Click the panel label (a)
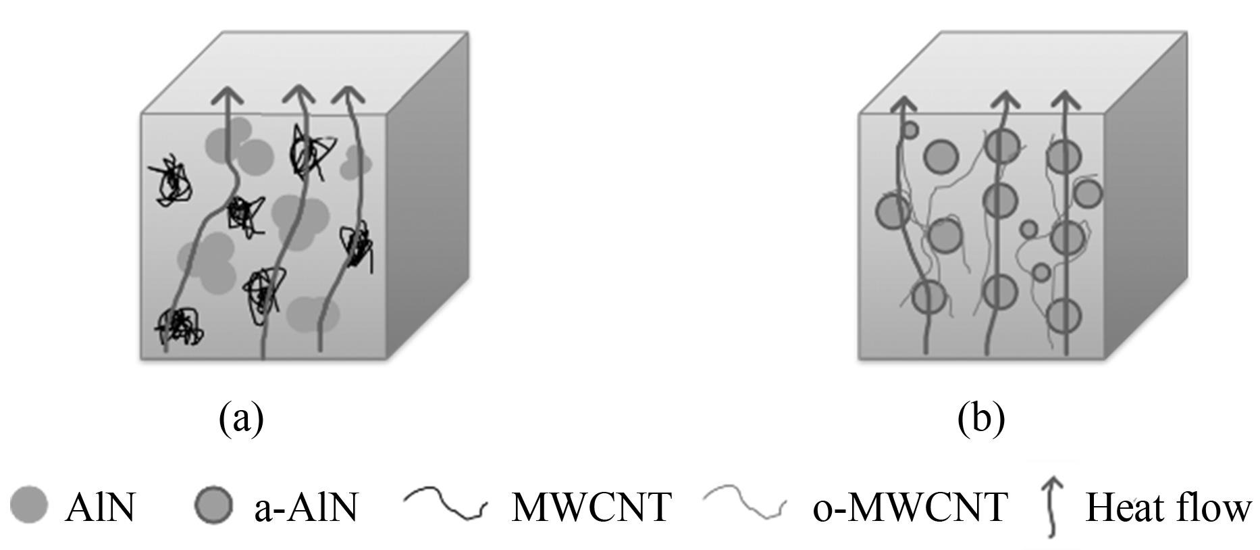[241, 419]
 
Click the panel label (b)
[981, 419]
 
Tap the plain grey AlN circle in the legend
[29, 505]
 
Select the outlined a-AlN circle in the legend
[213, 505]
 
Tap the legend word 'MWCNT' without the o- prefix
[592, 507]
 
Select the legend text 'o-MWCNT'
[910, 507]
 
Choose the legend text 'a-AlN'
[306, 507]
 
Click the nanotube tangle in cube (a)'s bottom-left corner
[178, 327]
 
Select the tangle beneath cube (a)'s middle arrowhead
[307, 155]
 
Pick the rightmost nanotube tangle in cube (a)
[356, 245]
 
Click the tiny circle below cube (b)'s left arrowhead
[910, 129]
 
